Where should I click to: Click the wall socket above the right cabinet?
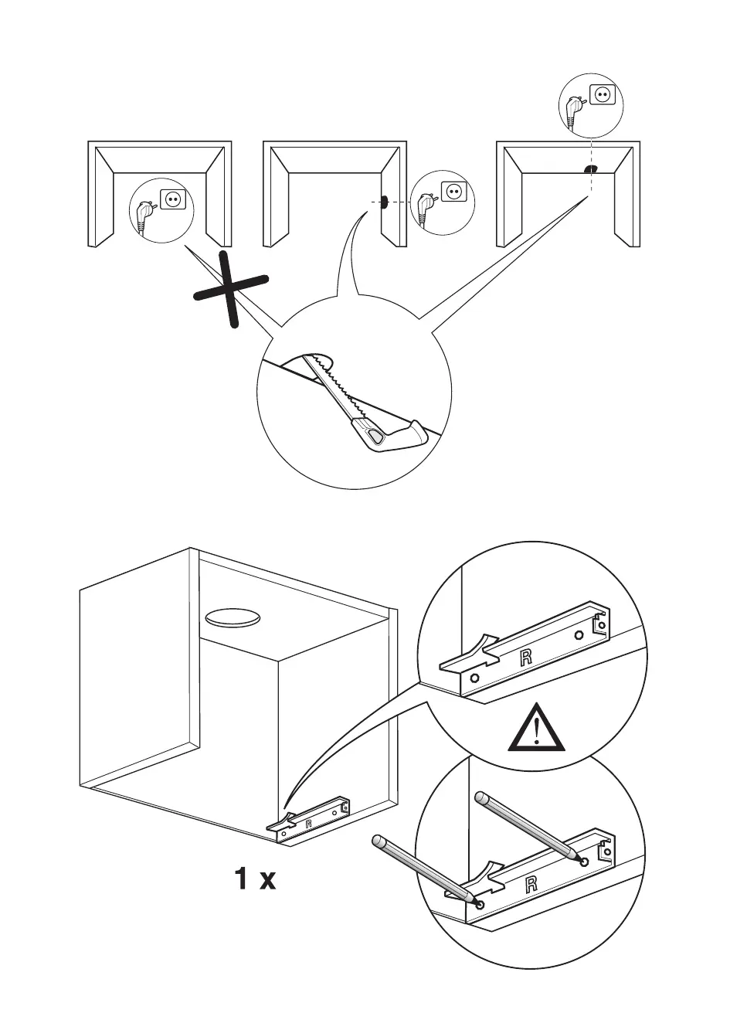click(x=602, y=95)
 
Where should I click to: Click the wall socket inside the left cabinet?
click(x=171, y=200)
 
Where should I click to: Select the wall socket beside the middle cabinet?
click(x=453, y=191)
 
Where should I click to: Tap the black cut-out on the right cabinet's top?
click(x=589, y=168)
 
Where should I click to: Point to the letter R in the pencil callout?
click(x=531, y=885)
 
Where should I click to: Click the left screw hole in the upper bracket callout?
click(x=474, y=678)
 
